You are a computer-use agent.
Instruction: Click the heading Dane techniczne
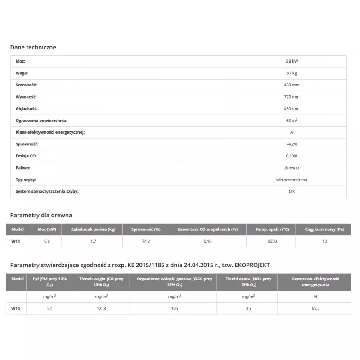(x=33, y=47)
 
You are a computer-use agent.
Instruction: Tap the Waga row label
(x=22, y=73)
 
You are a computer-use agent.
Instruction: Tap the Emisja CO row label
(x=26, y=156)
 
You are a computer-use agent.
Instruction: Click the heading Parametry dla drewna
(x=41, y=215)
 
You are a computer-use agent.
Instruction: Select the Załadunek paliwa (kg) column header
(x=93, y=229)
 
